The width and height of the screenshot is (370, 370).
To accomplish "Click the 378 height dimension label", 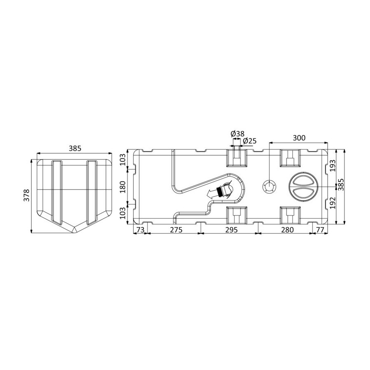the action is point(27,195).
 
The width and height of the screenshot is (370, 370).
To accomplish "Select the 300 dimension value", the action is point(299,138).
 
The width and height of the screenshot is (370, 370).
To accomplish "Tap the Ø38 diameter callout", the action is point(238,134).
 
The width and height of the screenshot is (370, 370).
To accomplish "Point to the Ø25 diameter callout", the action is point(250,141).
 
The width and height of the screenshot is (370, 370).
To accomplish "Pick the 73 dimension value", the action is point(140,229).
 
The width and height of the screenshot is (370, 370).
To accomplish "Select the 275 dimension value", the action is point(176,229).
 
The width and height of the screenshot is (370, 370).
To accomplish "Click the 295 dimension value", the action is point(231,229).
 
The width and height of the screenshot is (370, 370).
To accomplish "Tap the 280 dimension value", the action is point(287,229).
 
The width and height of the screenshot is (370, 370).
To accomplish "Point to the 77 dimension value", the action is point(320,229).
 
